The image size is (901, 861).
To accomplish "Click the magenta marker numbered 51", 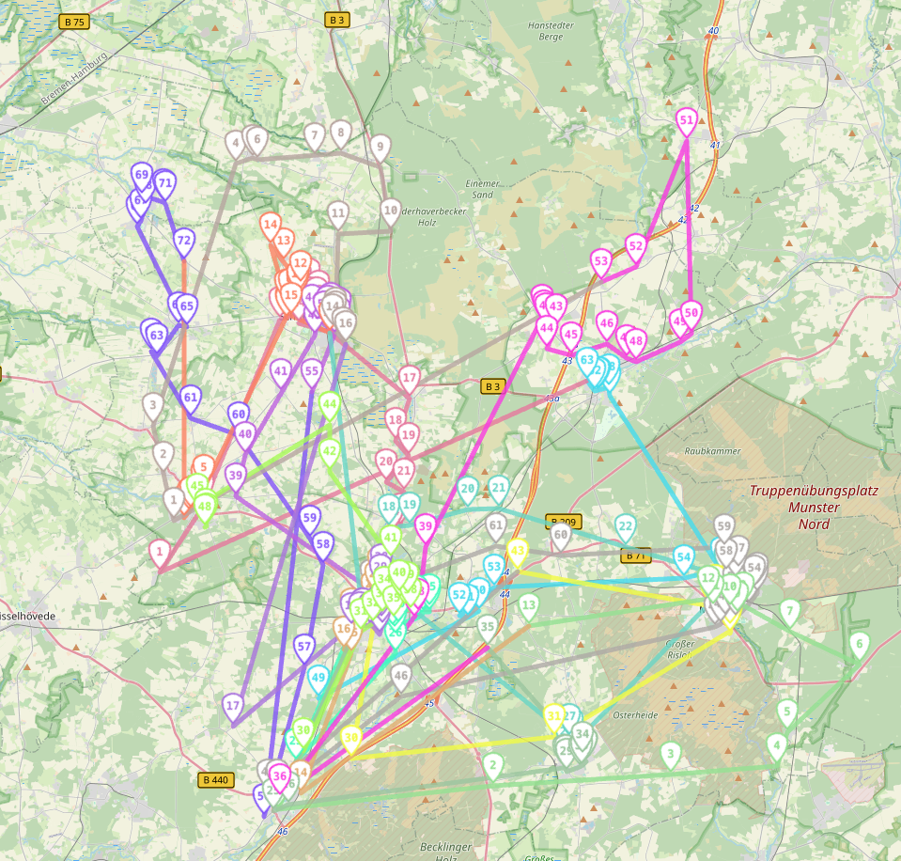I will point(687,119).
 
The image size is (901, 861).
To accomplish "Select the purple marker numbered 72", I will point(184,241).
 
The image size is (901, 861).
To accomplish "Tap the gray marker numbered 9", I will point(380,147).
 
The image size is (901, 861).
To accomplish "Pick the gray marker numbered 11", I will point(338,213).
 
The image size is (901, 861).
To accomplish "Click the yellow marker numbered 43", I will point(517,550).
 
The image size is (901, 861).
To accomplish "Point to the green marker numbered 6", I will point(858,644).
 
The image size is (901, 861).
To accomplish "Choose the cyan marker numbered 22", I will point(626,525).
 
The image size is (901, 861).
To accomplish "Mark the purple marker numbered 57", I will point(303,646).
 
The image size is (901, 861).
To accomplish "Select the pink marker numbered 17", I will point(409,379).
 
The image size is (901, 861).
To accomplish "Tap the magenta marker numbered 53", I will point(601,260).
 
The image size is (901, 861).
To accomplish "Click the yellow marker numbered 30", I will point(351,738).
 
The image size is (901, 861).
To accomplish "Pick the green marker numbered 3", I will point(670,753).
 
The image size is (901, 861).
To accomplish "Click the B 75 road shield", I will point(73,20).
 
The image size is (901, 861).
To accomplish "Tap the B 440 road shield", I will point(215,779).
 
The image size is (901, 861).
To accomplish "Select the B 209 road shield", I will point(563,521).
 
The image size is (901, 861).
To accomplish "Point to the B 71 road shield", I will point(635,556).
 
